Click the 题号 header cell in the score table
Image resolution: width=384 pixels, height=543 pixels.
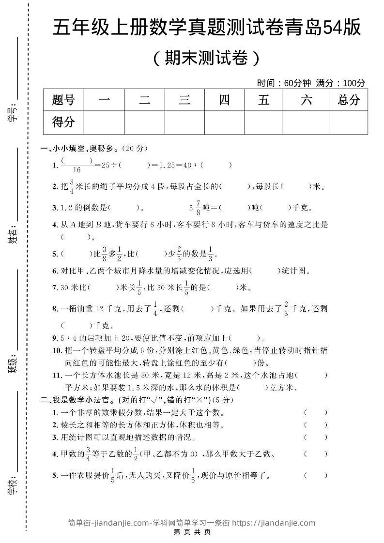(63, 100)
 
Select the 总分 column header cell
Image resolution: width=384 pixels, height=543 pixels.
(349, 100)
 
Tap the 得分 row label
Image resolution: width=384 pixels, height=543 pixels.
(63, 122)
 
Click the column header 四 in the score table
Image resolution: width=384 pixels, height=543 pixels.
(224, 100)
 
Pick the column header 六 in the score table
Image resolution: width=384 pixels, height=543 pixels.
(306, 100)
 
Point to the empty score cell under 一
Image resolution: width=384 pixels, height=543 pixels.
(104, 122)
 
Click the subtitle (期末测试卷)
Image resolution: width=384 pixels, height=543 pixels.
(206, 58)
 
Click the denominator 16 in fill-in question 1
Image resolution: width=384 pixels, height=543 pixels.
(77, 170)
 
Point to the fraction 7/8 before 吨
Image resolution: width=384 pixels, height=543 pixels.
(198, 208)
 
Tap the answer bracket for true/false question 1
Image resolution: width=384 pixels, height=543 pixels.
(316, 412)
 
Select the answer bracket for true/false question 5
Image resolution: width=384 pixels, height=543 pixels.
(316, 475)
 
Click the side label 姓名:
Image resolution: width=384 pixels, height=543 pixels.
(13, 236)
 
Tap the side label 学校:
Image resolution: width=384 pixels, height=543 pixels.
(13, 484)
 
